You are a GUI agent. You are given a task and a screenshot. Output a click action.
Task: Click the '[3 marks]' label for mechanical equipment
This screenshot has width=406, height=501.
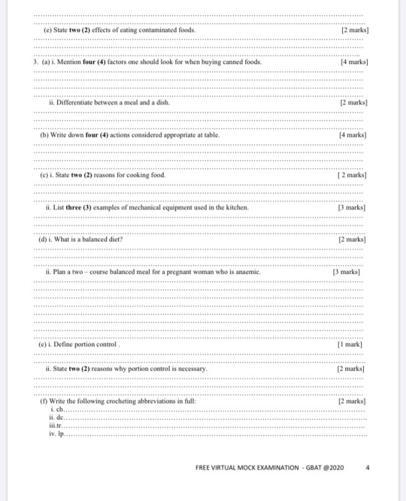353,207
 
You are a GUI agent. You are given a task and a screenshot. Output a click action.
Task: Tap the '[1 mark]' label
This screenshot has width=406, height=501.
353,345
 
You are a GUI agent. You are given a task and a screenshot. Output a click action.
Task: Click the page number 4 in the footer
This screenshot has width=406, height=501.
368,467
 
